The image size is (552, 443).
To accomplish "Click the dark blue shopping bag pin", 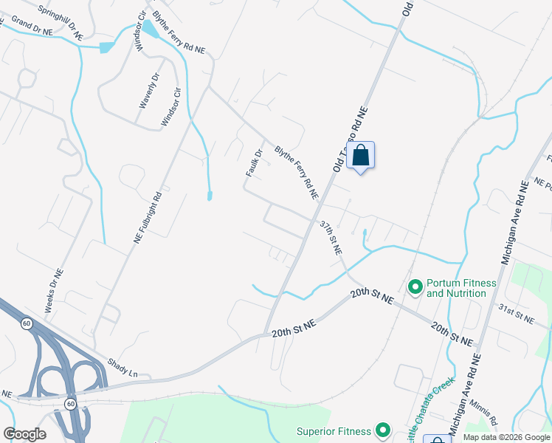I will [x=360, y=156].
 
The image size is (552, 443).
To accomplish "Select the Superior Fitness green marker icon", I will [x=382, y=430].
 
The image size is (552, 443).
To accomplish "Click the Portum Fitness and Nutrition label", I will [x=461, y=288].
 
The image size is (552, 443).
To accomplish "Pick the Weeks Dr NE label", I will [x=55, y=291].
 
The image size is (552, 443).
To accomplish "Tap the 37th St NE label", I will [x=331, y=237].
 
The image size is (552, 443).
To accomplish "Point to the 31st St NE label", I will [x=515, y=313].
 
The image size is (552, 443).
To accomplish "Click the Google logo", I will [x=24, y=434].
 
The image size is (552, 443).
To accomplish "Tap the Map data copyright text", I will [x=506, y=437].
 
